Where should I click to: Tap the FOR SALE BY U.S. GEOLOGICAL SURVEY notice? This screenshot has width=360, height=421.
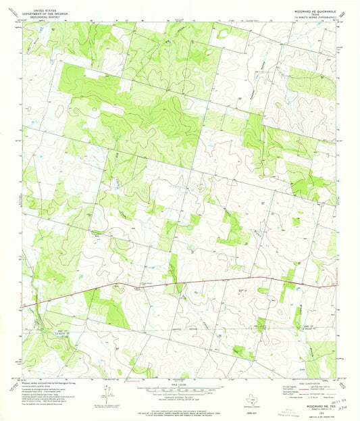coord(179,410)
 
